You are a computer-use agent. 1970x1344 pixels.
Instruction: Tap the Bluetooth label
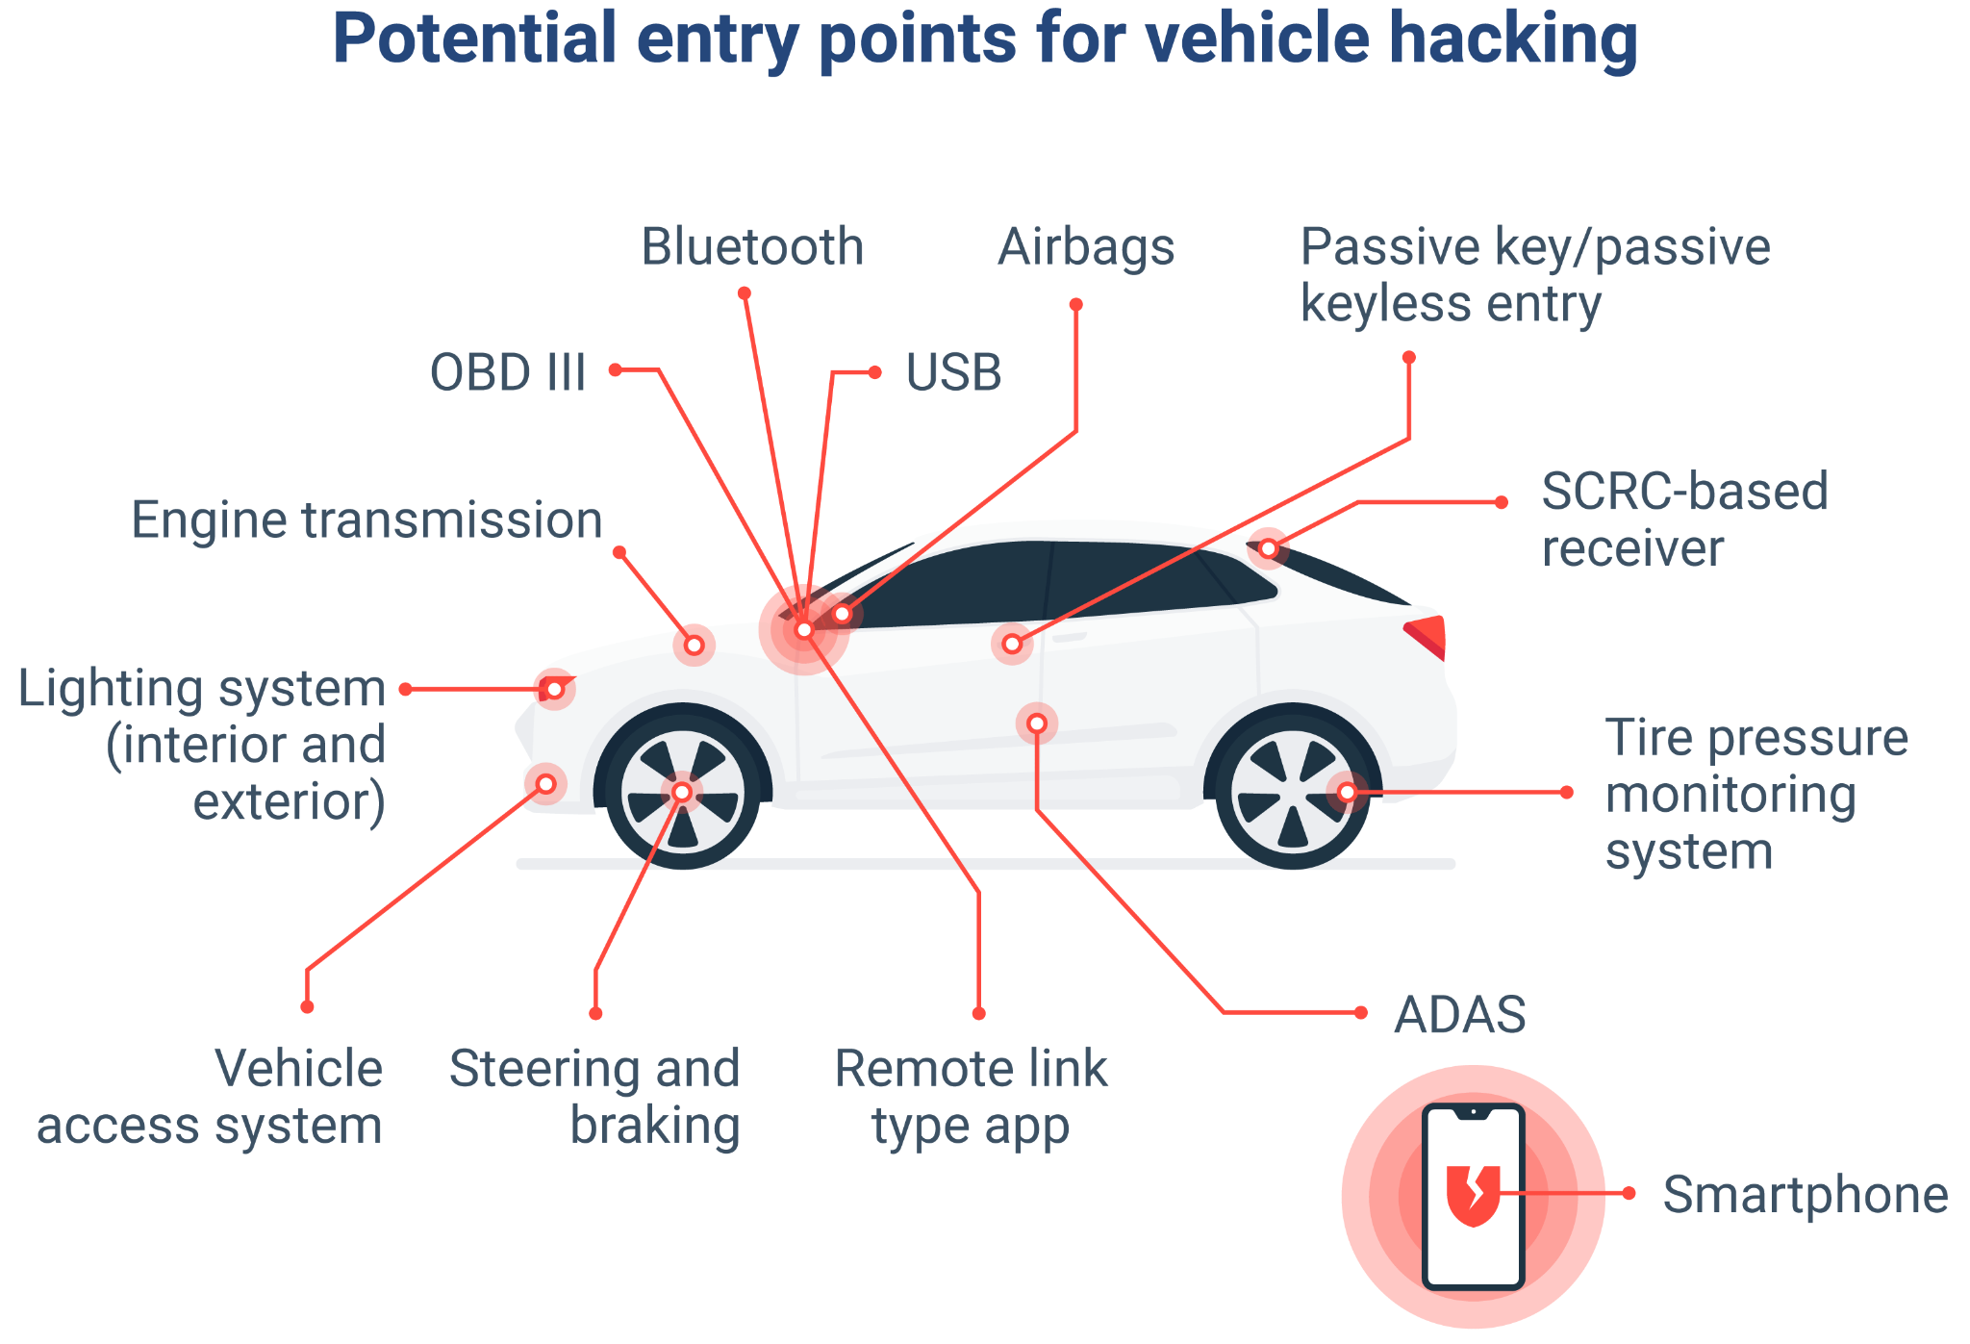point(752,247)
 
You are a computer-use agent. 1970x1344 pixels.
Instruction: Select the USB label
point(953,373)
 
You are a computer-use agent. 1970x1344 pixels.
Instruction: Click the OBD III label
point(508,373)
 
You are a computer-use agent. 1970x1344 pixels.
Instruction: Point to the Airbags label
point(1086,247)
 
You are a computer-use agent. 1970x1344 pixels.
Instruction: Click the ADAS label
point(1459,1015)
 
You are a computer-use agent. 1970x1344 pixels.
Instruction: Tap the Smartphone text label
point(1805,1195)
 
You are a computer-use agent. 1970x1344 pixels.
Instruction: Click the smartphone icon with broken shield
point(1473,1196)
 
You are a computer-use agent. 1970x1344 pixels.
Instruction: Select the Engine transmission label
point(366,520)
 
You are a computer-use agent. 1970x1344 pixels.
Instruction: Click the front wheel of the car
point(682,791)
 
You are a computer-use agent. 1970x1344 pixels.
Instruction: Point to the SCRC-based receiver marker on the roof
point(1269,548)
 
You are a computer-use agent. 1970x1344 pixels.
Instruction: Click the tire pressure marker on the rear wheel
point(1348,792)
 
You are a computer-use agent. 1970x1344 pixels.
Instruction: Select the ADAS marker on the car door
point(1037,723)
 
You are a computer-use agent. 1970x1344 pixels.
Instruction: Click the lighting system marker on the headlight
point(555,689)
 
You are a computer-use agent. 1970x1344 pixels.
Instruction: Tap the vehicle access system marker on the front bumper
point(545,784)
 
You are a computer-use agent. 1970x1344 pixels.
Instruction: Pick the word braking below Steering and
point(655,1126)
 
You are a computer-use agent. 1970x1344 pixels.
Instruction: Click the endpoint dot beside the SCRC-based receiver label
point(1501,502)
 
